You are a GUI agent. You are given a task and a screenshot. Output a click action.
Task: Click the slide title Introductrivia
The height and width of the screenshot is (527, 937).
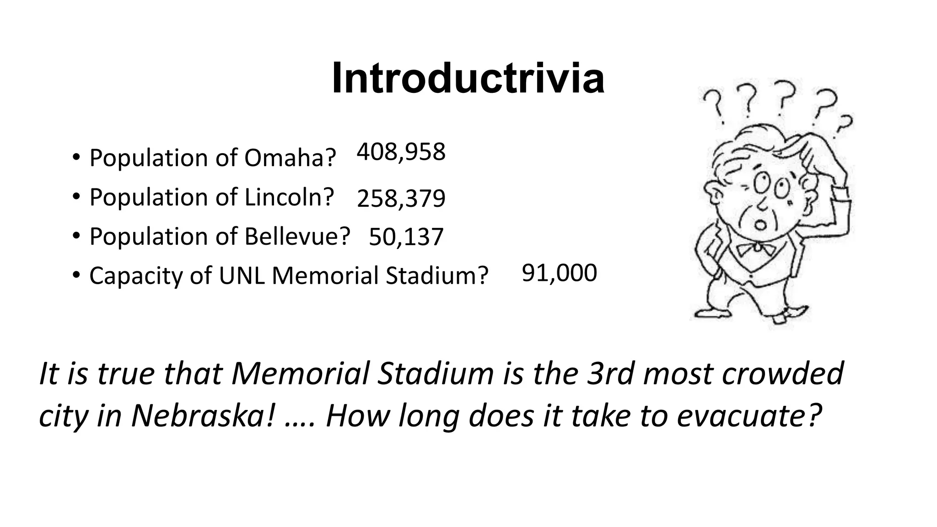[x=468, y=79]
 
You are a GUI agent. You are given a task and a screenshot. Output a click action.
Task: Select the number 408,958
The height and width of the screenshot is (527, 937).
[x=401, y=152]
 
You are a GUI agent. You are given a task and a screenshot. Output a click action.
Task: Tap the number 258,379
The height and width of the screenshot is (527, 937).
[x=401, y=199]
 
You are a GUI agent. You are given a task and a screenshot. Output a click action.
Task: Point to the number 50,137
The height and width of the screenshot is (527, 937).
[x=406, y=237]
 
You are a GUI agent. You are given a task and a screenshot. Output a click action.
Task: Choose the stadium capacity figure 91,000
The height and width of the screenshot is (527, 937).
[x=559, y=273]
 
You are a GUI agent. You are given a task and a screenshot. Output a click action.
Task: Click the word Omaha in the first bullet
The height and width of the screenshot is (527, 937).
[x=290, y=158]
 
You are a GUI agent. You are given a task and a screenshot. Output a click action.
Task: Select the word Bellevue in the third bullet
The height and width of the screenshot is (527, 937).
[x=297, y=237]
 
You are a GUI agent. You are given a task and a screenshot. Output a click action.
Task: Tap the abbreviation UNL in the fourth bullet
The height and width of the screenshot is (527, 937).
[x=242, y=276]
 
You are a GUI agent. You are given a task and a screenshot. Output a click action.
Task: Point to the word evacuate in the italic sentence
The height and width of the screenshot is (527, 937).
[x=747, y=416]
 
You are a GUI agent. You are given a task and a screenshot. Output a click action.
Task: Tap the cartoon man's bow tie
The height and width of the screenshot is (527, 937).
[x=755, y=249]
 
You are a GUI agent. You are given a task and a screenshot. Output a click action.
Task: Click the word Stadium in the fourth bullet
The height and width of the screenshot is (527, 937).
[x=437, y=276]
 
